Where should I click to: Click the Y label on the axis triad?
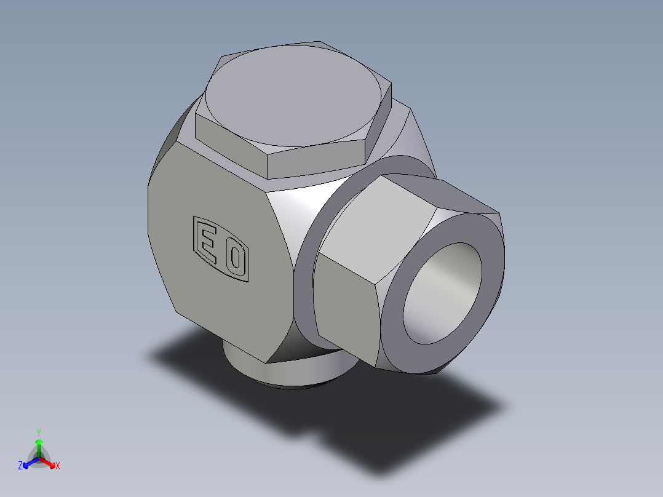[39, 432]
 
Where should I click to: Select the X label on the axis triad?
[58, 466]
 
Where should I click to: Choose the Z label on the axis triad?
[20, 466]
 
